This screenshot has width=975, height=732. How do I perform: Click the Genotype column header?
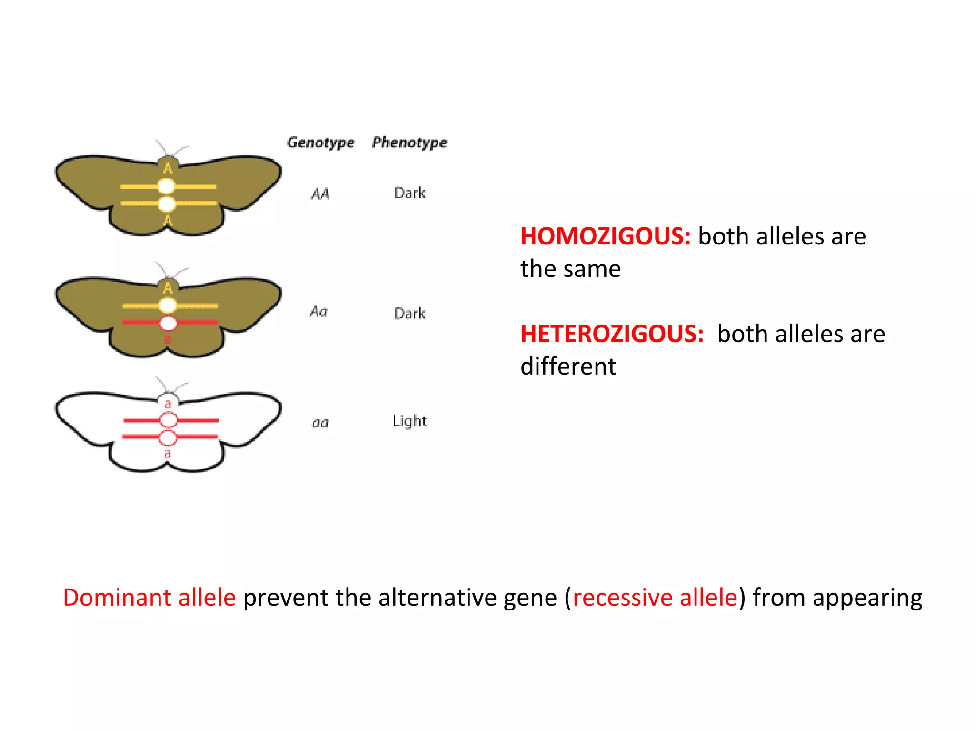point(320,142)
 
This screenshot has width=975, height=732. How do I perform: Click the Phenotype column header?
point(409,142)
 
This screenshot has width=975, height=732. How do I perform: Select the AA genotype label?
point(320,194)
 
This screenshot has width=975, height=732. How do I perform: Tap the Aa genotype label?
point(319,312)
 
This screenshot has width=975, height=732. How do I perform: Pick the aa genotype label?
point(320,423)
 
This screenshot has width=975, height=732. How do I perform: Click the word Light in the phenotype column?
point(409,421)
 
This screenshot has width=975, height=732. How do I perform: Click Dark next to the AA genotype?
point(409,193)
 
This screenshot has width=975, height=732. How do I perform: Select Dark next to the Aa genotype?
point(409,314)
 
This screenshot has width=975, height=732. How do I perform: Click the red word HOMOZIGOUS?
point(605,236)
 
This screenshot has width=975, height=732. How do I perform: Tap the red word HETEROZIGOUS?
point(612,334)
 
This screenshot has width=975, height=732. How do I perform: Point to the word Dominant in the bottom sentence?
point(117,598)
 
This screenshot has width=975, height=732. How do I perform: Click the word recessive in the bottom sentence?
point(622,598)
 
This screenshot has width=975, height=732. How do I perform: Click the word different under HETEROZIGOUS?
point(568,366)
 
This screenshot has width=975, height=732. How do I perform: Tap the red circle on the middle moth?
point(168,323)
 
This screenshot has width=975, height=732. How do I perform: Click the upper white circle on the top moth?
point(166,186)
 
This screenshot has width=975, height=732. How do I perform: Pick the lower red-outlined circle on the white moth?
point(168,437)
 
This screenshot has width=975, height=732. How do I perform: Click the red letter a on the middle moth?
point(168,339)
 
